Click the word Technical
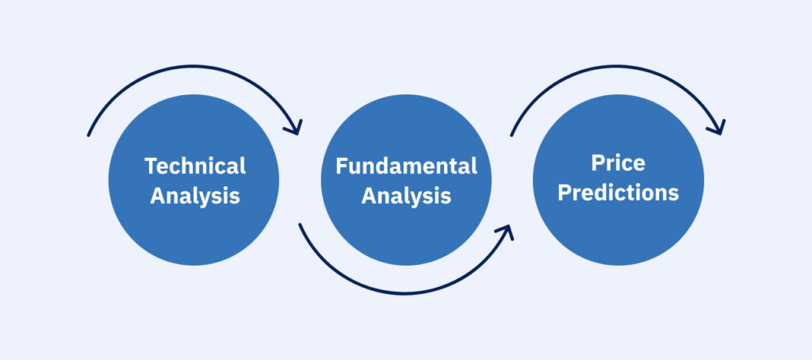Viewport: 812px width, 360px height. tap(195, 166)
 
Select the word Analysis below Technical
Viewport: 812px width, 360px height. tap(195, 197)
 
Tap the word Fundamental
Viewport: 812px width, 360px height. tap(406, 166)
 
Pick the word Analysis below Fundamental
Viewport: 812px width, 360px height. tap(406, 197)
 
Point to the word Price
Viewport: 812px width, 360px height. tap(618, 163)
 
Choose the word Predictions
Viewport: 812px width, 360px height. tap(618, 193)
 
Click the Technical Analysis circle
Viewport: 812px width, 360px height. tap(193, 180)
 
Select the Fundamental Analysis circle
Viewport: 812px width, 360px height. tap(406, 180)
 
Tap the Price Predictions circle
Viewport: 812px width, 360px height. tap(619, 180)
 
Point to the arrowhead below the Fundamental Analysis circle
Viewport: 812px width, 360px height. tap(507, 231)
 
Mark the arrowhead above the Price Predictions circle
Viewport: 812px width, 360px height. tap(719, 128)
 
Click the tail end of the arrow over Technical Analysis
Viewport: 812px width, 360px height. tap(89, 135)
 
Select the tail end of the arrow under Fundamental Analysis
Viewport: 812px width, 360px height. tap(300, 225)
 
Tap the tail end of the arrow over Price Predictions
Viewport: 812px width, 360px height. tap(511, 135)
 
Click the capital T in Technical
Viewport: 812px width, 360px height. tap(151, 167)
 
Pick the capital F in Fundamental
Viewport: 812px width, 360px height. tap(342, 167)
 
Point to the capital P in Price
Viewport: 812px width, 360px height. tap(598, 163)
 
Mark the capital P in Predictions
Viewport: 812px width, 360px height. tap(565, 193)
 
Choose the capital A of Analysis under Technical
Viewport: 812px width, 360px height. tap(158, 197)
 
